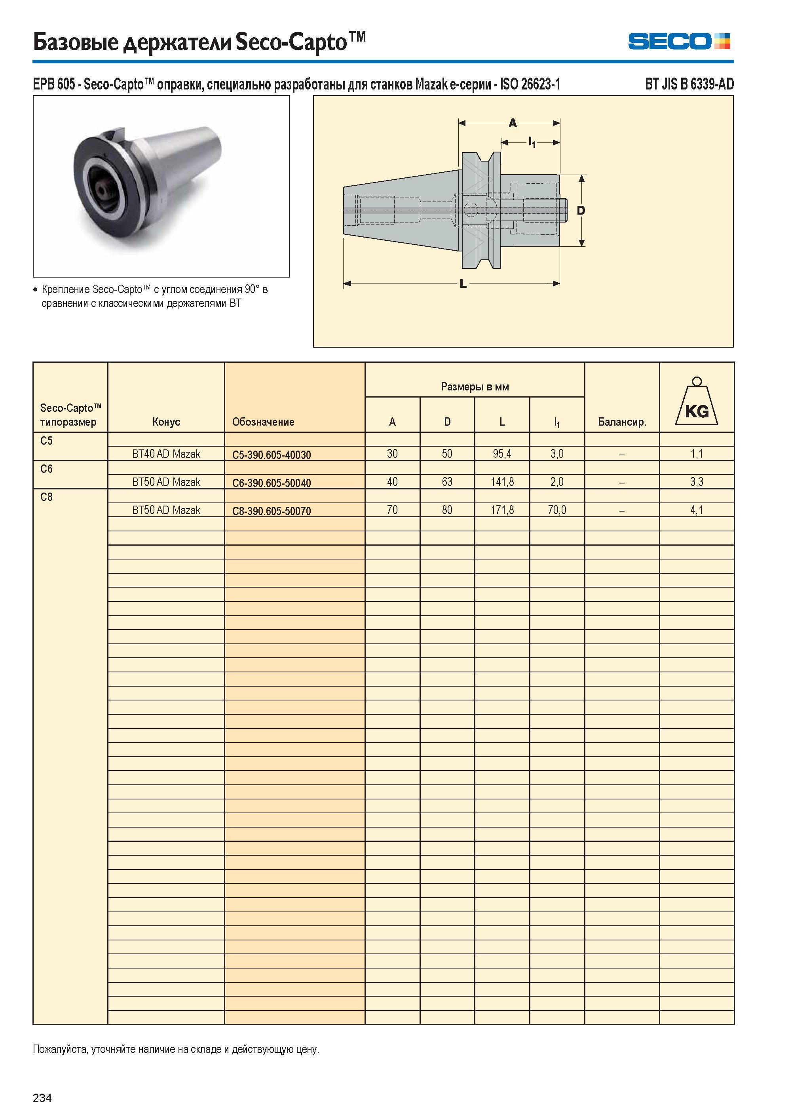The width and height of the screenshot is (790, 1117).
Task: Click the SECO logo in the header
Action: tap(679, 41)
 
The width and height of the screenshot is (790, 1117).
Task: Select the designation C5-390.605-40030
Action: tap(272, 455)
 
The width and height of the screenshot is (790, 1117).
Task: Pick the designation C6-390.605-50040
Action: tap(272, 483)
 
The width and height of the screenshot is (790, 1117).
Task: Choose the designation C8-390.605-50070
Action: tap(272, 511)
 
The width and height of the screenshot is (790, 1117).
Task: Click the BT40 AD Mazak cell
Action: tap(166, 454)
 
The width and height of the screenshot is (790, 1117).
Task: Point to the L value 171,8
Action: tap(502, 510)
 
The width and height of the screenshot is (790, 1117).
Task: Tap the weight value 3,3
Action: tap(697, 482)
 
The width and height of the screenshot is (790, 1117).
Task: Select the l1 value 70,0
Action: tap(557, 510)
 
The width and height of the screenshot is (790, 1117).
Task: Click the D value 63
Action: tap(447, 481)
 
